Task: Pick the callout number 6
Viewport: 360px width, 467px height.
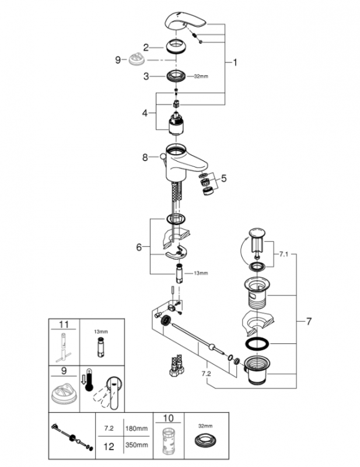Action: [x=139, y=247]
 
